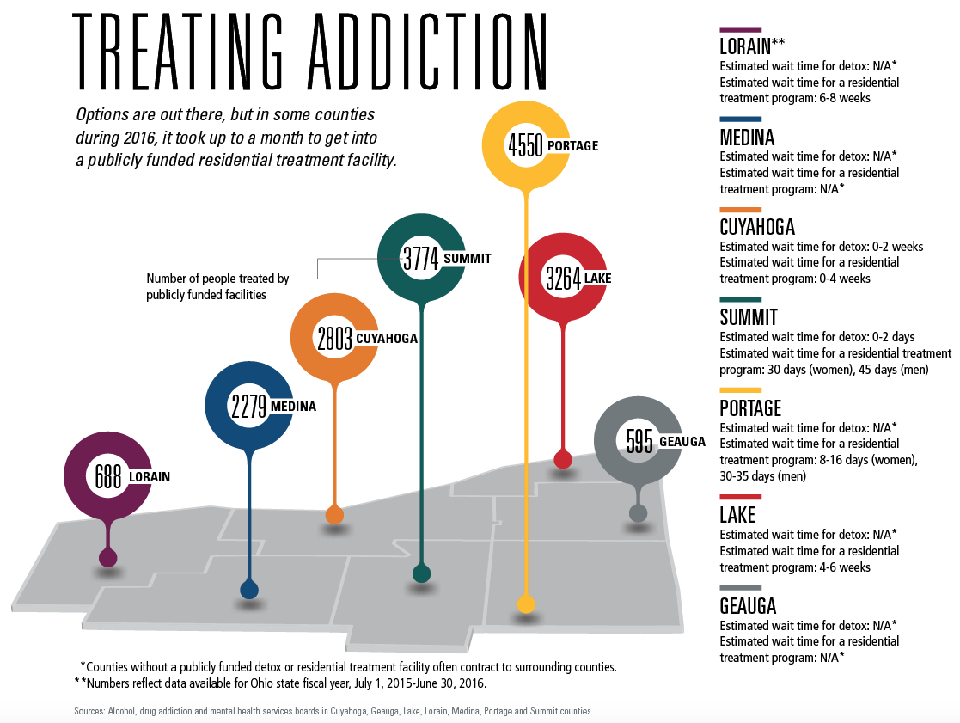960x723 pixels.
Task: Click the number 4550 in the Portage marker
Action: click(525, 145)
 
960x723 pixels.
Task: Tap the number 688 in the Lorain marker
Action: click(107, 476)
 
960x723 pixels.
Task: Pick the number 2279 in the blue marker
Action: click(249, 406)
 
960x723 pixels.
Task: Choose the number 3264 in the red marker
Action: click(564, 278)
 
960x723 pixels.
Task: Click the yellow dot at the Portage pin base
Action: click(526, 604)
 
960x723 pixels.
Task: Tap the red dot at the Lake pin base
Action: click(563, 459)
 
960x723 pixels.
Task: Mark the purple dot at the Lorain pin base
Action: click(107, 558)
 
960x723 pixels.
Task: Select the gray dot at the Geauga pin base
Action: click(638, 513)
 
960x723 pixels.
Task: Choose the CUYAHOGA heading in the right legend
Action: click(757, 227)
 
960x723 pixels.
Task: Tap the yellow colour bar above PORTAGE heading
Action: click(740, 389)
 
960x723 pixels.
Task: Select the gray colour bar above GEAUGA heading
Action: click(740, 587)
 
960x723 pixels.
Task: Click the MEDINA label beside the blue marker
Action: click(293, 407)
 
